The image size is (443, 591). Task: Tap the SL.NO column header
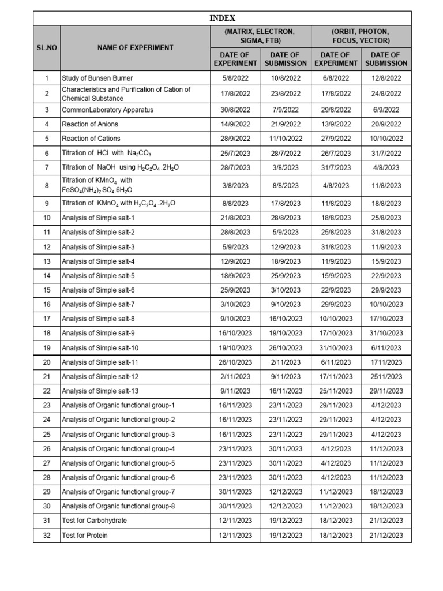coord(47,48)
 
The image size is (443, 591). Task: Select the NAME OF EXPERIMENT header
coord(136,48)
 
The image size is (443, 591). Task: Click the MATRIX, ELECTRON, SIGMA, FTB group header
coord(260,36)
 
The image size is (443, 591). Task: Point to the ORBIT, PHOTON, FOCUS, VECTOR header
coord(361,36)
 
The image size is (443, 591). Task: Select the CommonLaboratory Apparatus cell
coord(108,110)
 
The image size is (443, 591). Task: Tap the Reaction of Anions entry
coord(90,124)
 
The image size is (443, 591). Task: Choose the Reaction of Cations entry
coord(91,139)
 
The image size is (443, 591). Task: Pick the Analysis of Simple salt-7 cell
coord(99,304)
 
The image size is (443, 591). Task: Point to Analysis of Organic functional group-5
coord(118,463)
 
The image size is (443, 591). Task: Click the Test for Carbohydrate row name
coord(95,521)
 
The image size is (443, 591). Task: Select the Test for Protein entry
coord(85,536)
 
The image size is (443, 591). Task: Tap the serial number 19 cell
coord(47,348)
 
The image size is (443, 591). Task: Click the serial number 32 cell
coord(47,536)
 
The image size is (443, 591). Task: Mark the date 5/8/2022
coord(235,78)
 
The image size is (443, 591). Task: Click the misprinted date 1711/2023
coord(386,362)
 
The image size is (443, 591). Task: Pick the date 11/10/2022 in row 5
coord(286,139)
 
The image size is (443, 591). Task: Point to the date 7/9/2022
coord(286,110)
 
